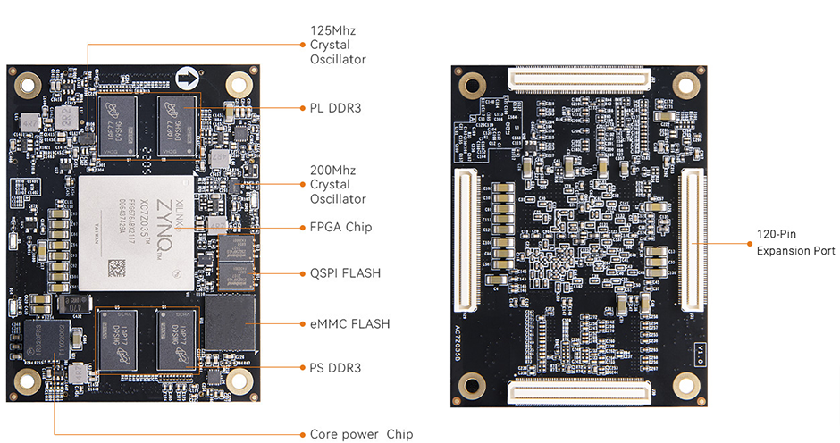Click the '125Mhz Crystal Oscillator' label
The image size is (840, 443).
click(338, 45)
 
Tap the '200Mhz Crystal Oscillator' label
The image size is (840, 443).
click(338, 184)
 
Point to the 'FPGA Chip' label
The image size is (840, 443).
click(340, 227)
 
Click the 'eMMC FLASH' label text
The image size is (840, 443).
click(349, 323)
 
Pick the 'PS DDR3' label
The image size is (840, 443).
click(336, 367)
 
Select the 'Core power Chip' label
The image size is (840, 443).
click(361, 434)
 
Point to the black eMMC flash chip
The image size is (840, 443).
click(231, 322)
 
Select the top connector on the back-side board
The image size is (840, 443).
click(579, 79)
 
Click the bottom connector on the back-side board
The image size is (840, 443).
click(578, 390)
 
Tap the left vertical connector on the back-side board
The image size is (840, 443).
click(467, 240)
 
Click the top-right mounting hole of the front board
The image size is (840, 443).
click(239, 84)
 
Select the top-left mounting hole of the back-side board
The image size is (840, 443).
click(471, 85)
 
